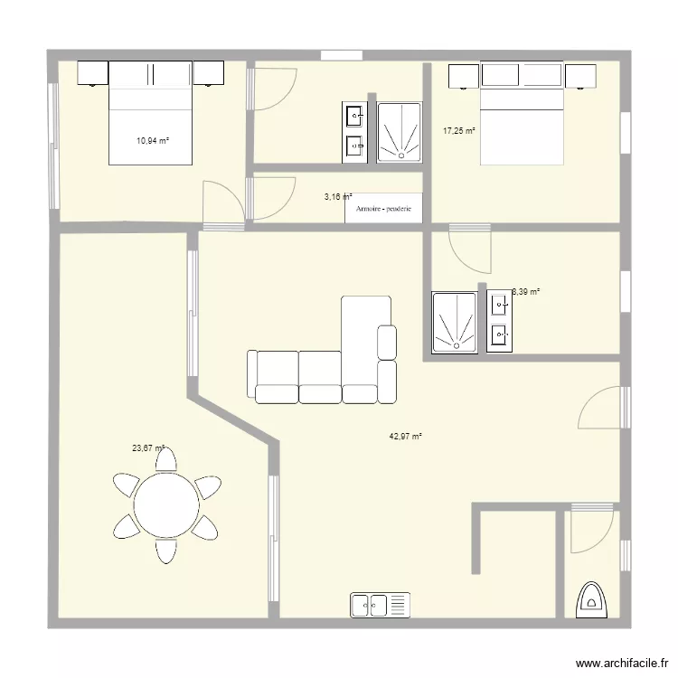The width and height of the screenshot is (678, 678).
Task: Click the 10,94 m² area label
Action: [153, 140]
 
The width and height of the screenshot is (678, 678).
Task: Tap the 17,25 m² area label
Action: [459, 131]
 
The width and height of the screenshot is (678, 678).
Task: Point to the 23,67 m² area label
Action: [148, 447]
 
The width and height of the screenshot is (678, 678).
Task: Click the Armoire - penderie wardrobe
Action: [384, 209]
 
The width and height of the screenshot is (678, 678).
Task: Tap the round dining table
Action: [166, 504]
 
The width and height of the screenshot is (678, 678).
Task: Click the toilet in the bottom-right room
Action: [593, 599]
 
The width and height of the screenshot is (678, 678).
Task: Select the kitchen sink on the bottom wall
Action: [380, 606]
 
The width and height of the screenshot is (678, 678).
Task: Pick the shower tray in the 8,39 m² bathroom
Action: [457, 322]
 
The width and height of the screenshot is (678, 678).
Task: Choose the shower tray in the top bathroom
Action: [399, 132]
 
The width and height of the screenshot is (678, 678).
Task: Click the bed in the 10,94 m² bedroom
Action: [151, 113]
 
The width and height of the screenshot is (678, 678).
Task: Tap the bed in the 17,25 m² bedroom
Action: [522, 113]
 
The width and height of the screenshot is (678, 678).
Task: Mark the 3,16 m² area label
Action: [337, 195]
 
